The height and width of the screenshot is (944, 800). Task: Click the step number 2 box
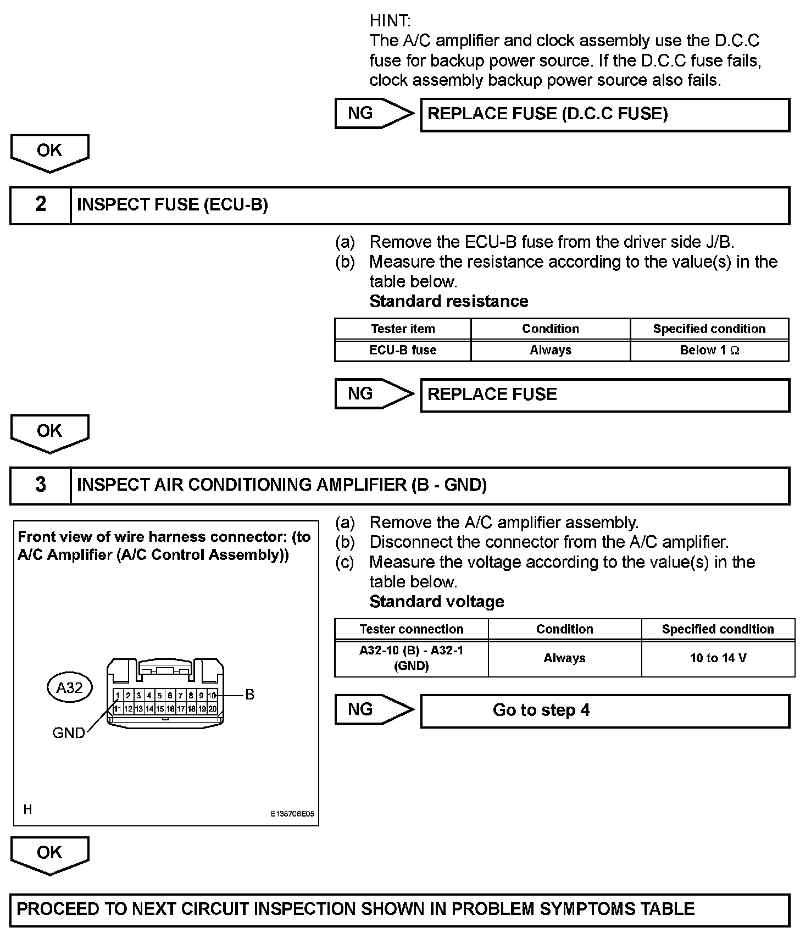41,205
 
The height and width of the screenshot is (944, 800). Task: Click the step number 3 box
41,485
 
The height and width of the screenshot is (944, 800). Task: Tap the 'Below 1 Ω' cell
709,350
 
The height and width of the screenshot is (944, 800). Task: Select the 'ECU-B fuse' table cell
403,350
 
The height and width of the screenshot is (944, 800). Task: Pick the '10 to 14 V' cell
718,658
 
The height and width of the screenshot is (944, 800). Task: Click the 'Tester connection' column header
411,629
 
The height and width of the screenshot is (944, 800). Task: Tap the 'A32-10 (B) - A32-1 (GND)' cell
411,658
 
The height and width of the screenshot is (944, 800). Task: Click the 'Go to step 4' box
604,710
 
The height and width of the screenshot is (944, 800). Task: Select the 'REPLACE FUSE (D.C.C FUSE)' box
604,114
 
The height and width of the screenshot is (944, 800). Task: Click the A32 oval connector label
70,687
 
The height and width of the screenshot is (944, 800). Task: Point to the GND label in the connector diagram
68,732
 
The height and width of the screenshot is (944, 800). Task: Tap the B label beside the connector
250,695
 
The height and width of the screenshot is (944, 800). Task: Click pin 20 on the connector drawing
213,709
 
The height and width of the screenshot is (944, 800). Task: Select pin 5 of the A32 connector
159,696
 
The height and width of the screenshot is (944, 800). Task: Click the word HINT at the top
390,21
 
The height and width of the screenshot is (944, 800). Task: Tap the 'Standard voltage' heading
437,602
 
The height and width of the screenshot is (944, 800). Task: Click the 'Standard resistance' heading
449,301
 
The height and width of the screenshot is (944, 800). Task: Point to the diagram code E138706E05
292,814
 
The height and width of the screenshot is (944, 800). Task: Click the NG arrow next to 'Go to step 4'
374,709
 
